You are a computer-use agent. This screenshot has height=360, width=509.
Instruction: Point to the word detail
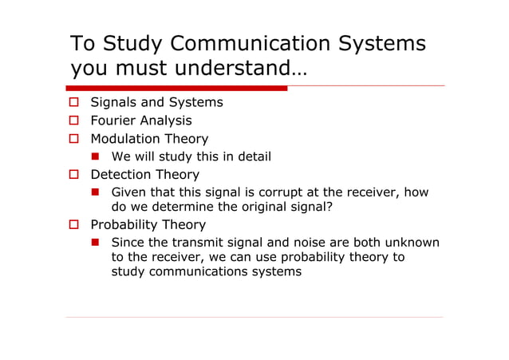coord(252,156)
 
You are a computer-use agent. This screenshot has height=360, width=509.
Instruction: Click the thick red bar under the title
coord(176,88)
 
